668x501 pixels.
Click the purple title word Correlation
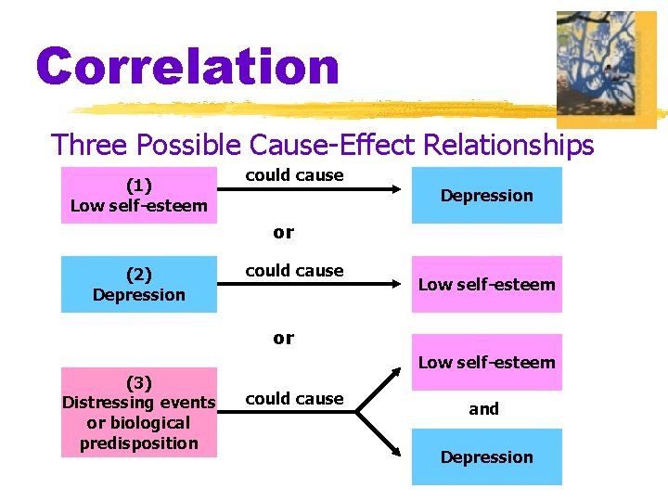[188, 67]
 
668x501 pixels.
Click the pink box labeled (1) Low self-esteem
[139, 195]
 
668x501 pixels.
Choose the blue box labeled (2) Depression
[139, 284]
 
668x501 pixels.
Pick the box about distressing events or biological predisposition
[139, 412]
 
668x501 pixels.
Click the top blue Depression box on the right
[486, 195]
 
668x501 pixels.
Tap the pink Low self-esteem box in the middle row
[486, 284]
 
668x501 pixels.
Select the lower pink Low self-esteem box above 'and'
[486, 362]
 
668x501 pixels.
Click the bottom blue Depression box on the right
[486, 456]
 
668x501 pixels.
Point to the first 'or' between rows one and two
[283, 232]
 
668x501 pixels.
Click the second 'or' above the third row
[283, 338]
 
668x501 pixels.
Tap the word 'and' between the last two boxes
[483, 408]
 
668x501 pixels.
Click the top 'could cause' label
[294, 174]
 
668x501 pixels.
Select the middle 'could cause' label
[294, 270]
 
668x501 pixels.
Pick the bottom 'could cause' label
[294, 398]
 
